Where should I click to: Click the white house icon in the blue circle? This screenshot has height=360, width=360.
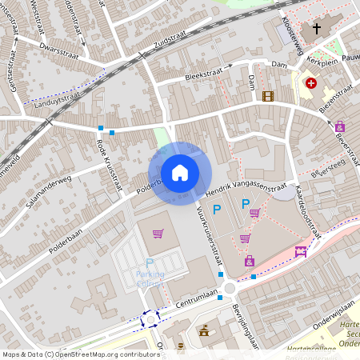pyautogui.click(x=180, y=172)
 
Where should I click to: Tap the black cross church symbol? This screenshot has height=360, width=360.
pyautogui.click(x=317, y=29)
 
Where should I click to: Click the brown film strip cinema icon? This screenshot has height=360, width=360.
pyautogui.click(x=267, y=97)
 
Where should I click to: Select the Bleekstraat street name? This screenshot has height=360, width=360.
pyautogui.click(x=193, y=75)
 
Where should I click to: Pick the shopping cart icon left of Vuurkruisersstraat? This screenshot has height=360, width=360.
pyautogui.click(x=158, y=234)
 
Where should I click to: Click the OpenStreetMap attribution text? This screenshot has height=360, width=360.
pyautogui.click(x=80, y=354)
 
